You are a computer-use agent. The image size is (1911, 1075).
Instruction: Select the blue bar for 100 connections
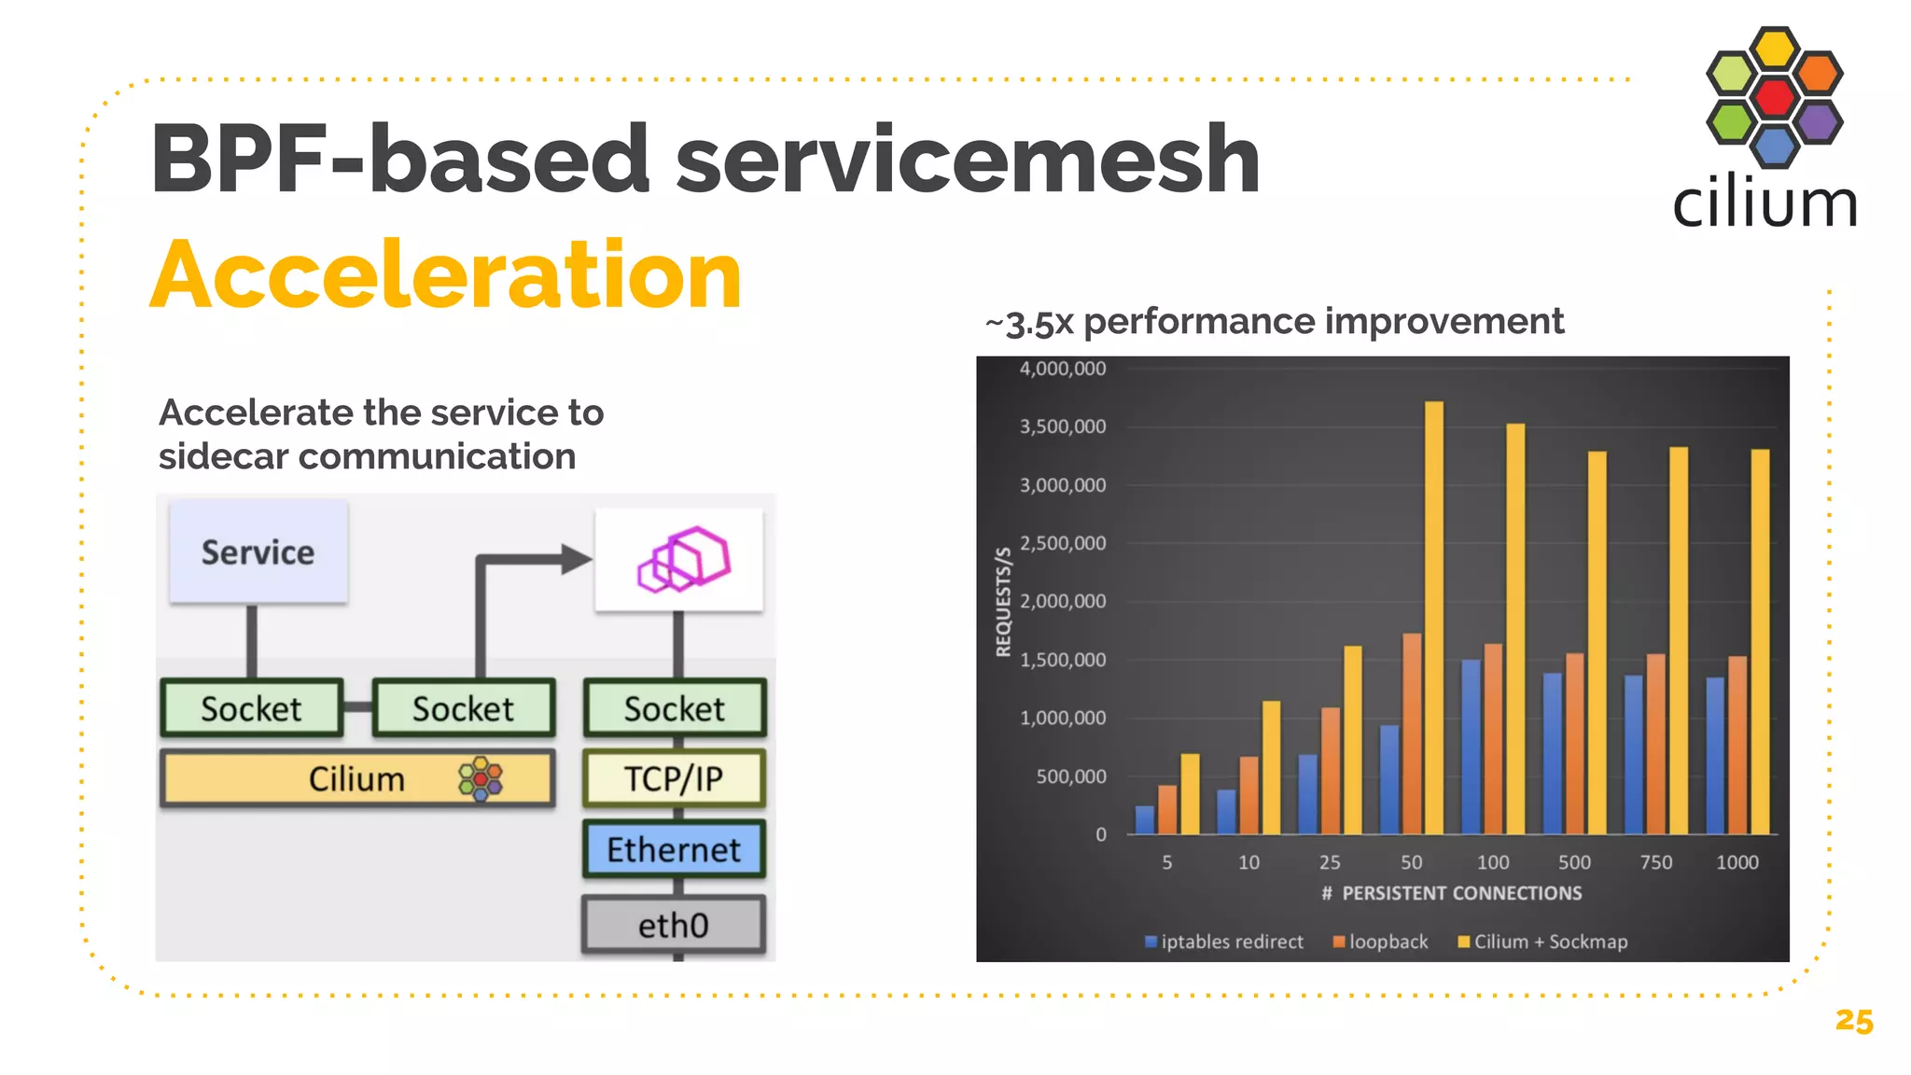click(1471, 747)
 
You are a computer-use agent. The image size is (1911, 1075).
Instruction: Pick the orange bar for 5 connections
click(1167, 809)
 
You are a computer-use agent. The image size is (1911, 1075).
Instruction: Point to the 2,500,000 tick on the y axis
click(1063, 543)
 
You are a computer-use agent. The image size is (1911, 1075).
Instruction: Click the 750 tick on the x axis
click(1655, 862)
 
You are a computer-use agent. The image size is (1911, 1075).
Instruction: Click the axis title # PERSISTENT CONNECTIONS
click(1451, 893)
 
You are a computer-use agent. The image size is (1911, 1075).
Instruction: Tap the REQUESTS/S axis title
click(1003, 602)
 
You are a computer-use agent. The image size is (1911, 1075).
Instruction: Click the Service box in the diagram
click(258, 552)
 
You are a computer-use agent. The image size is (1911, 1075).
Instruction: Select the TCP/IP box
click(674, 778)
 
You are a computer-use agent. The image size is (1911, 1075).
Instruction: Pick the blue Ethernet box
click(674, 849)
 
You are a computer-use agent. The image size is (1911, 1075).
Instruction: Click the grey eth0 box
click(674, 925)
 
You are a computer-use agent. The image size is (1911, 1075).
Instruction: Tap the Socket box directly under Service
click(252, 708)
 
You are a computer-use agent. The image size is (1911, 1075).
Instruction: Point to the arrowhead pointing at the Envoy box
click(577, 560)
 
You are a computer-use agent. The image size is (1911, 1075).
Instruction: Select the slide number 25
click(1853, 1021)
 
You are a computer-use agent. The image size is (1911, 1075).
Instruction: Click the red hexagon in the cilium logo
click(1774, 96)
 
